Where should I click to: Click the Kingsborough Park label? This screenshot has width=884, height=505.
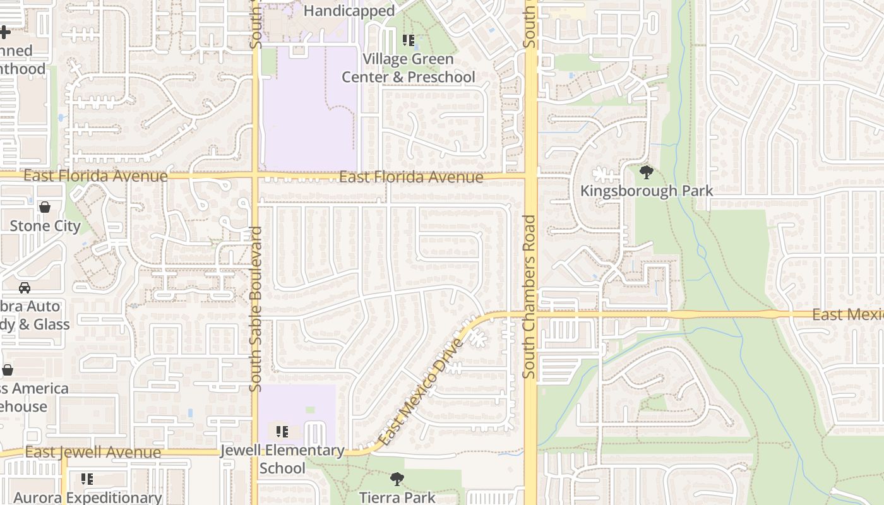coord(646,191)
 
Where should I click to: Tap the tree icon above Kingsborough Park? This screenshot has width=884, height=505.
coord(646,172)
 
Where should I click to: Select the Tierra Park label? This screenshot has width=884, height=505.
coord(397,497)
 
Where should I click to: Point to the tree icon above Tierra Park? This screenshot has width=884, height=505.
coord(397,479)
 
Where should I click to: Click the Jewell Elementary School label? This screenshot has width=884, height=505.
coord(282,459)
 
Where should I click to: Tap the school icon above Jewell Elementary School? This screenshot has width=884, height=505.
coord(282,432)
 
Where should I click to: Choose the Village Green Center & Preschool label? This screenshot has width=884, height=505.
coord(408,68)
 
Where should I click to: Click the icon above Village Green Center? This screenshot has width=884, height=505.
coord(409,41)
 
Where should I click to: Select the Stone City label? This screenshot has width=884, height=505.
coord(45,225)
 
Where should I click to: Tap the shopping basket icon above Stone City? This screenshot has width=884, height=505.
coord(45,207)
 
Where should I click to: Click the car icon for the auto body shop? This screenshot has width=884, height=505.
coord(25,288)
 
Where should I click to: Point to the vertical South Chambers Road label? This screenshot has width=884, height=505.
coord(529,297)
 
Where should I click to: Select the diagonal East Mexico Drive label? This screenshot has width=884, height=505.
coord(421,391)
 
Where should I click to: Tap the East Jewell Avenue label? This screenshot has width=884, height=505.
coord(93,452)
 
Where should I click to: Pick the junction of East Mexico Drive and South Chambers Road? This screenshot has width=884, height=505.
coord(530,314)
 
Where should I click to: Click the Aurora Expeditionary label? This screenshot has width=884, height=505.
coord(88,497)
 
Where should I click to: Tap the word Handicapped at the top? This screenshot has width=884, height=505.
coord(349,11)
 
